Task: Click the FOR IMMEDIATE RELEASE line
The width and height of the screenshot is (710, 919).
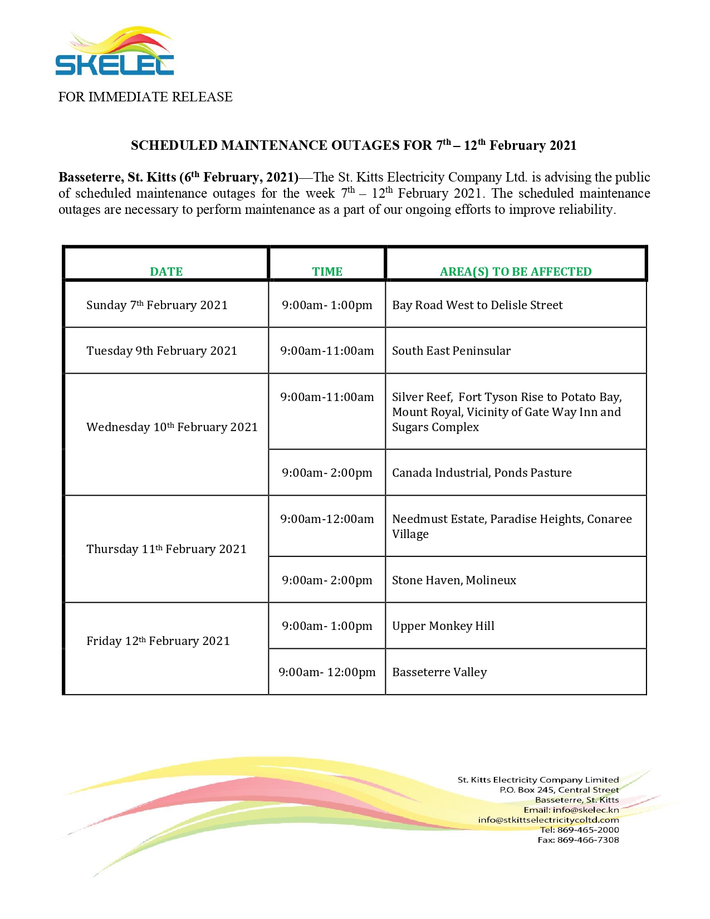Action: (145, 97)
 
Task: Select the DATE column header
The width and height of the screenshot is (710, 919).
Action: (166, 271)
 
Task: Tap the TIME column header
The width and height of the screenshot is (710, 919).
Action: (327, 271)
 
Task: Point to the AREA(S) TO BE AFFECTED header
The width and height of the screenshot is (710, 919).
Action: (516, 271)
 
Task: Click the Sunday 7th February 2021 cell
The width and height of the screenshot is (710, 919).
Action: (157, 305)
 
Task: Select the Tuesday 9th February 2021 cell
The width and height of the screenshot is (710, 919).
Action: (161, 351)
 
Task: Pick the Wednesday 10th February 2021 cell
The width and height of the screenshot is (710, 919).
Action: (172, 427)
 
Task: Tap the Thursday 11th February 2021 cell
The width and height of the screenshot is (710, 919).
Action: (166, 549)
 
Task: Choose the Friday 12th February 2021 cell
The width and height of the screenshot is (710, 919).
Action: (158, 641)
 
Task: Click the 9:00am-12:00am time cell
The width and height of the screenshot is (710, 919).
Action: (327, 519)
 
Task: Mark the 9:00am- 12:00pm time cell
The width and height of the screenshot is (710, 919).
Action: (327, 672)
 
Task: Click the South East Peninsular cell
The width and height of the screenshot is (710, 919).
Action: (451, 351)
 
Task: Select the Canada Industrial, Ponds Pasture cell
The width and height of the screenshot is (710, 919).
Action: (482, 473)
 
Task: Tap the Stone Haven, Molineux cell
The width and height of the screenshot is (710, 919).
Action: (454, 580)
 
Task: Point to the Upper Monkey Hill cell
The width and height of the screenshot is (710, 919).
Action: (443, 626)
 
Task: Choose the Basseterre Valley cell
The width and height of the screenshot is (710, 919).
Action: (439, 672)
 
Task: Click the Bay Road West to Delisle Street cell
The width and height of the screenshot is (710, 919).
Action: (477, 305)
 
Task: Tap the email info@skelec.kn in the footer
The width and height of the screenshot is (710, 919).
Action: (585, 810)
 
